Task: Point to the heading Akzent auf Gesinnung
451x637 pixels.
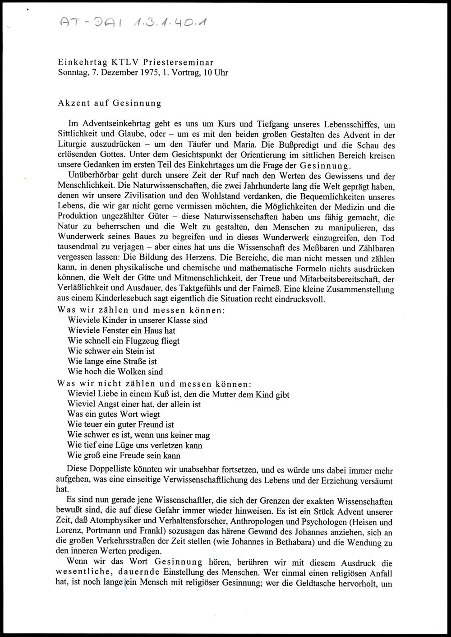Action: click(110, 102)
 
